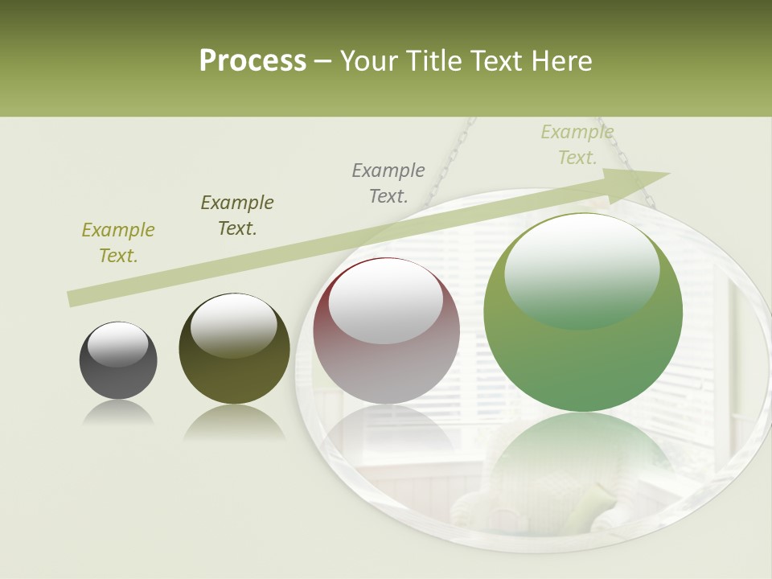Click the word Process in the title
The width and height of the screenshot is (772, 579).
(253, 61)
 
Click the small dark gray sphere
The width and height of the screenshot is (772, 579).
(118, 360)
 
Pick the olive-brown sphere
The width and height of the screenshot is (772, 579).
(234, 349)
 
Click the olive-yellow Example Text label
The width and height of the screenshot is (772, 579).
(118, 243)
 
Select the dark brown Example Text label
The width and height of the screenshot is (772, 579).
(237, 216)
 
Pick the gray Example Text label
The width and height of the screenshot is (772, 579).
(388, 183)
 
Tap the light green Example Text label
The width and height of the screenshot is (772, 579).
(577, 145)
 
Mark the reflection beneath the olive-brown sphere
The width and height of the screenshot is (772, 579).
(234, 422)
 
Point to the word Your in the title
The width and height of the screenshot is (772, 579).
(369, 61)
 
